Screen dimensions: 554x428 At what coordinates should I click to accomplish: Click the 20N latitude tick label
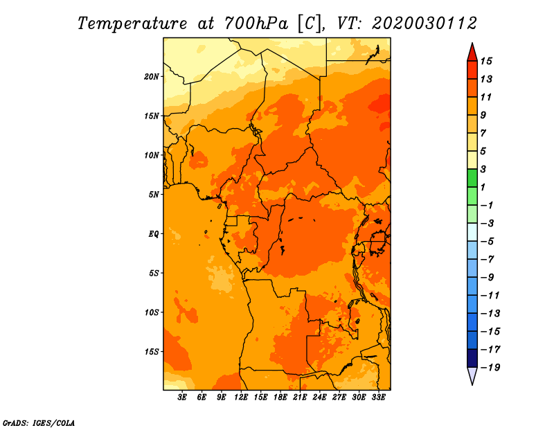tap(152, 77)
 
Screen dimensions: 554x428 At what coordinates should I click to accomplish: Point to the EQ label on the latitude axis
tap(154, 234)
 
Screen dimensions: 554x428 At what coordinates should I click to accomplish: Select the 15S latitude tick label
tap(152, 352)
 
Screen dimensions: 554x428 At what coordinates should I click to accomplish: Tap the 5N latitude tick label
tap(154, 195)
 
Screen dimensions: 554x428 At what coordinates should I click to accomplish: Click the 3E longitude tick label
tap(182, 398)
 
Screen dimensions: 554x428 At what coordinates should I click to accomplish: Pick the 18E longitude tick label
tap(280, 398)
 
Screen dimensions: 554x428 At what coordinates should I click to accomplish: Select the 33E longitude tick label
tap(378, 398)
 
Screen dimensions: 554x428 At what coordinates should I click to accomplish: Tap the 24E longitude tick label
tap(319, 398)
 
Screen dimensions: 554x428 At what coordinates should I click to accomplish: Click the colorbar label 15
tap(486, 61)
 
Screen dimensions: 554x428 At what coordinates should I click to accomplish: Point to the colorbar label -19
tap(490, 368)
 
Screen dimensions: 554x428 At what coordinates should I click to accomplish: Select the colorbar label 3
tap(483, 169)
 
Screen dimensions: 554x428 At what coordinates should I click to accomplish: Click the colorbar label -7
tap(488, 260)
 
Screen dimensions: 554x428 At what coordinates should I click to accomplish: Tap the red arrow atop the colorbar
tap(472, 53)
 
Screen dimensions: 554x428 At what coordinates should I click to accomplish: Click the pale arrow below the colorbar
tap(472, 375)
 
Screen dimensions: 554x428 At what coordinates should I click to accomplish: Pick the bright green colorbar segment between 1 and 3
tap(472, 178)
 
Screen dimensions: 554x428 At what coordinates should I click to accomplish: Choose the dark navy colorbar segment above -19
tap(472, 358)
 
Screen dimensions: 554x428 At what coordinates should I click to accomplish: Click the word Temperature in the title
tap(132, 24)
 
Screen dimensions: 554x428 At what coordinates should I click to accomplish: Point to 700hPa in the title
tap(256, 24)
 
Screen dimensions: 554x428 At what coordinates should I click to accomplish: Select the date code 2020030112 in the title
tap(424, 24)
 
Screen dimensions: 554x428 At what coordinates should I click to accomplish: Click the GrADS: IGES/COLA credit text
tap(39, 423)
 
